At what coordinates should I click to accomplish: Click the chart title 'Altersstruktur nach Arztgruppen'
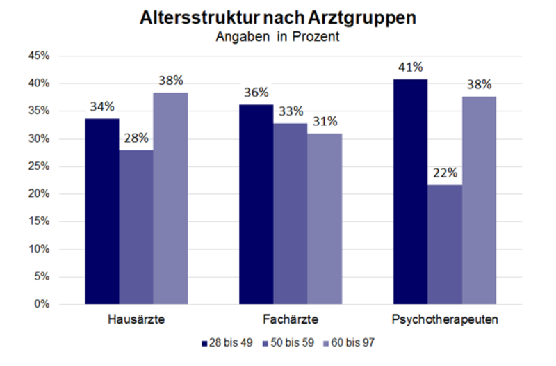(x=277, y=18)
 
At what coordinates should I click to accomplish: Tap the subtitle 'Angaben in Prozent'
(x=277, y=37)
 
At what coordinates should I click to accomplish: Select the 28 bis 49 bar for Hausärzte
(x=101, y=212)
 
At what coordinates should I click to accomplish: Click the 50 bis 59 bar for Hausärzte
(x=136, y=228)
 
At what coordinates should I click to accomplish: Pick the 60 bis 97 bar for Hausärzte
(x=170, y=198)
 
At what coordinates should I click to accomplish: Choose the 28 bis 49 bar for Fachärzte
(x=256, y=205)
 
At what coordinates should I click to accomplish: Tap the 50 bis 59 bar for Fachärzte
(x=291, y=214)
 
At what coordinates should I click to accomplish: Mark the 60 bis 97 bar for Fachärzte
(x=325, y=218)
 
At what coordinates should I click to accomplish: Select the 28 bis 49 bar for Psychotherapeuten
(x=410, y=192)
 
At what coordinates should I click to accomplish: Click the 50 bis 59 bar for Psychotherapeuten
(x=445, y=244)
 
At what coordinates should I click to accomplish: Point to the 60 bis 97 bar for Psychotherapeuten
(x=479, y=200)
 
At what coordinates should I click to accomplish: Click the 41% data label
(x=410, y=67)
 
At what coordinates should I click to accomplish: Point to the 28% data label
(x=136, y=138)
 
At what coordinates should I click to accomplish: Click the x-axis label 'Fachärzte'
(x=291, y=320)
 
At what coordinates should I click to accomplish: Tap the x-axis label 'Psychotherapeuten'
(x=445, y=320)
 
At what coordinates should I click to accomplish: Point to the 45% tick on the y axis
(x=40, y=56)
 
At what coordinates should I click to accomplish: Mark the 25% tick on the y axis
(x=40, y=166)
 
